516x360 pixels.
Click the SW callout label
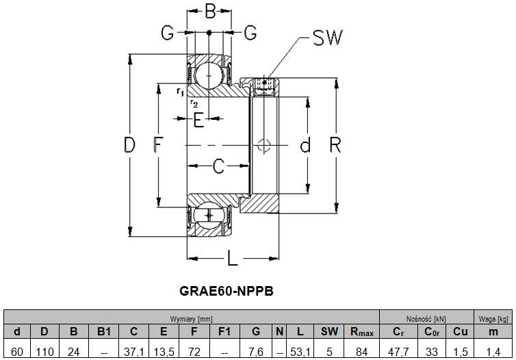tap(327, 37)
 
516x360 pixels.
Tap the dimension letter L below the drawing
tap(232, 257)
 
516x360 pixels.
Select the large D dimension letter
tap(129, 145)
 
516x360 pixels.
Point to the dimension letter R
tap(335, 145)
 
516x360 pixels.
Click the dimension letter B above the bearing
tap(210, 11)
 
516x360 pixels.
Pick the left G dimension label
tap(167, 32)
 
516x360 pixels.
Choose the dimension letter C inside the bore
tap(218, 166)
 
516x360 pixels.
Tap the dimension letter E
tap(198, 120)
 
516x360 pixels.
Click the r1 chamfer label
tap(180, 92)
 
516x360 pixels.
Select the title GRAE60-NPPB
tap(227, 291)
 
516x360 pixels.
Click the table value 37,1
tap(134, 352)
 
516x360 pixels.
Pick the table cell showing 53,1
tap(300, 352)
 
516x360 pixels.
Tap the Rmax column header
tap(361, 332)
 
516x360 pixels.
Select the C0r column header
tap(432, 332)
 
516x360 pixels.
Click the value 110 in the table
tap(44, 352)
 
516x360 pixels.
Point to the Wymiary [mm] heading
tap(192, 319)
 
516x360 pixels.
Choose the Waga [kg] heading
tap(493, 319)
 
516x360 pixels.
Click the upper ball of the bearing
tap(209, 75)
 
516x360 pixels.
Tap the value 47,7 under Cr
tap(398, 352)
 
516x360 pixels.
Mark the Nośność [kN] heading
tap(426, 319)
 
